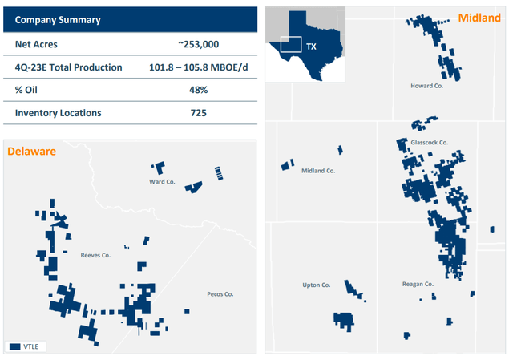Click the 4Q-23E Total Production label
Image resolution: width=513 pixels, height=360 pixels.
[x=68, y=67]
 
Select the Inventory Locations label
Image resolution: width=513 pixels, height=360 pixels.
[x=58, y=113]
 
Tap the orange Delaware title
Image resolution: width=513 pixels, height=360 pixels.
[x=32, y=150]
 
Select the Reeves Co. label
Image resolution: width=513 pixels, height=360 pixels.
[x=95, y=255]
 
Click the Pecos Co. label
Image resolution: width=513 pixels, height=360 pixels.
[x=220, y=294]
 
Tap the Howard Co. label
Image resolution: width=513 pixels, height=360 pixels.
[x=426, y=86]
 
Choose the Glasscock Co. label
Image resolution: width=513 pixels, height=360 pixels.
[x=429, y=142]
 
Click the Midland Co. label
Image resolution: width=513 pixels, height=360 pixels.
[x=317, y=171]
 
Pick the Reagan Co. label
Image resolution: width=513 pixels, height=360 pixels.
[x=418, y=284]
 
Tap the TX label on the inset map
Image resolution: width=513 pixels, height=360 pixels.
[x=312, y=47]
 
